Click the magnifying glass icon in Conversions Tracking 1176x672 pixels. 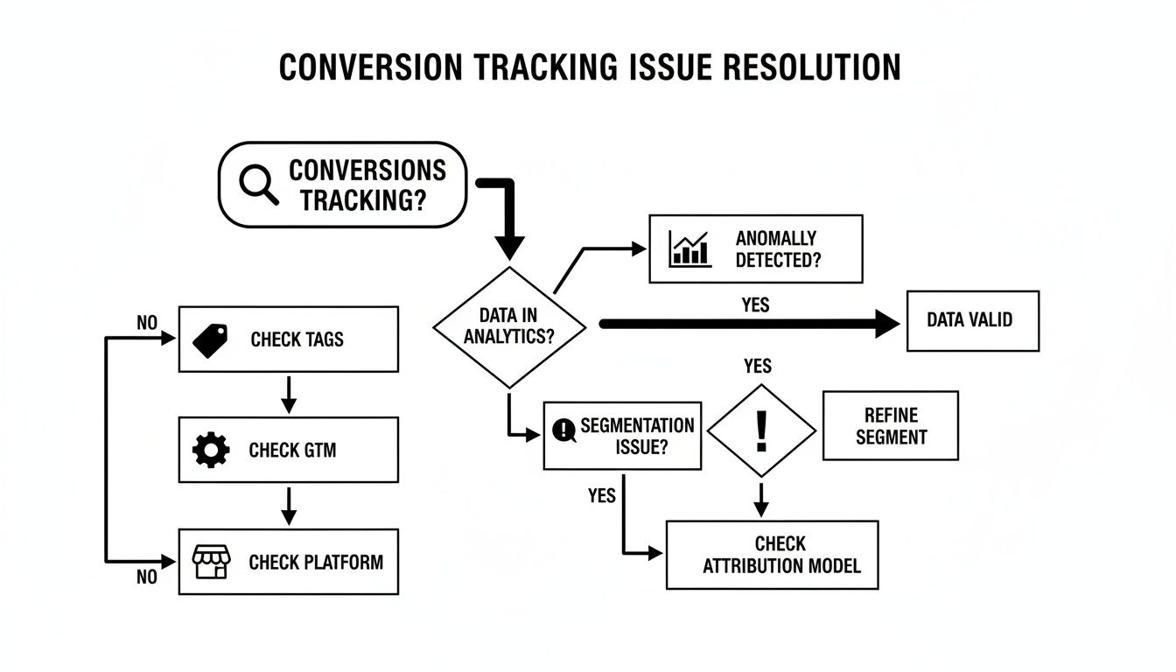coord(258,185)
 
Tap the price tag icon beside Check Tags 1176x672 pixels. coord(210,339)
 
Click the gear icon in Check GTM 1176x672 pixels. coord(210,450)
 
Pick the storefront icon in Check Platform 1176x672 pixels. coord(210,562)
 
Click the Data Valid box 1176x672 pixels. coord(972,320)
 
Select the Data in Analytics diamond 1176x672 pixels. coord(508,326)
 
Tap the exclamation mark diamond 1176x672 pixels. coord(761,430)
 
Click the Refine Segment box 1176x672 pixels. coord(890,425)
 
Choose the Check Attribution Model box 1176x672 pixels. coord(772,555)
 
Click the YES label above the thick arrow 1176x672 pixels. coord(755,304)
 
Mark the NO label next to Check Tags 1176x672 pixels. coord(147,324)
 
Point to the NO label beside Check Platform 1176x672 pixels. coord(147,577)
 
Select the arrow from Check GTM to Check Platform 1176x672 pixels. coord(289,505)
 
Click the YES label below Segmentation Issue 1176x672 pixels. coord(601,496)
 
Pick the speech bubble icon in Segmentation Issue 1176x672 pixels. coord(563,430)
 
